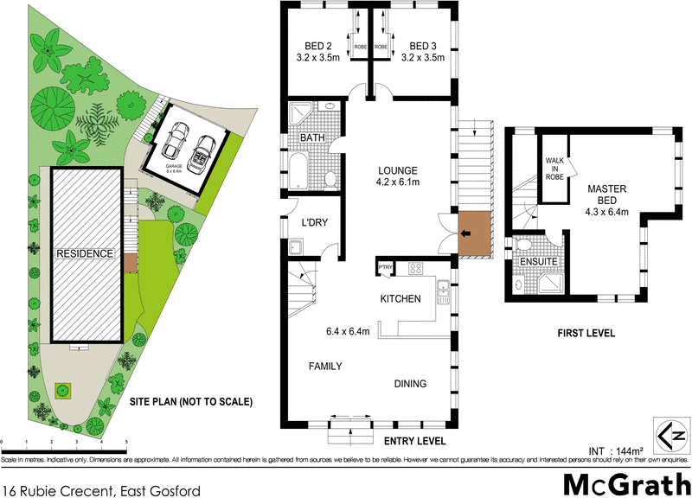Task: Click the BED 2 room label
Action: coord(317,46)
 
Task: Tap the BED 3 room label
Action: coord(426,46)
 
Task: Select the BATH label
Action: coord(312,138)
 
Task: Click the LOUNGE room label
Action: coord(397,170)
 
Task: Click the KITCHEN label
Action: coord(401,299)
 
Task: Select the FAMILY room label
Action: coord(326,367)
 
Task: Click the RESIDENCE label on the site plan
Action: coord(85,254)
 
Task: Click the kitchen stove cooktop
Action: coord(413,268)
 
